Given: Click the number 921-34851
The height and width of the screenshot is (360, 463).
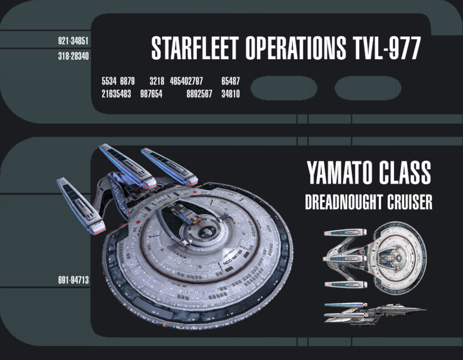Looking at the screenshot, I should click(x=72, y=42).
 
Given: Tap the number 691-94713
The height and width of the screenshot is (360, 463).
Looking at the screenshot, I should click(x=73, y=280).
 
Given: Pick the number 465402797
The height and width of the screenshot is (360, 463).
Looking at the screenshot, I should click(x=186, y=82).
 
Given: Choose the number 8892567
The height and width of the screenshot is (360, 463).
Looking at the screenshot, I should click(x=200, y=94).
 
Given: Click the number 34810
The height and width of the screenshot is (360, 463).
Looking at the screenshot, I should click(x=230, y=94).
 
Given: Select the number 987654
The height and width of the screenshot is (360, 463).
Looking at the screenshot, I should click(x=151, y=94).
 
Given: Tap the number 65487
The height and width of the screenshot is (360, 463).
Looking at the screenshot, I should click(x=230, y=82).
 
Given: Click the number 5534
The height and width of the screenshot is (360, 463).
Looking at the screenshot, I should click(x=109, y=82).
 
